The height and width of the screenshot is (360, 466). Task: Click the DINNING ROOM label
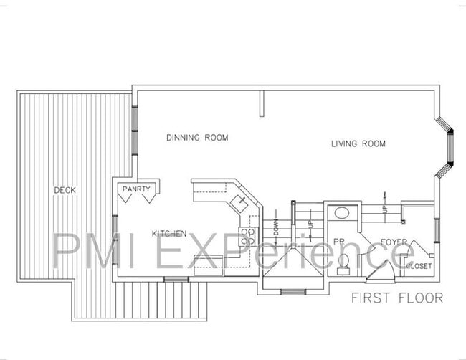197,138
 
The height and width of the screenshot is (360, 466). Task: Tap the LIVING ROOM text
358,144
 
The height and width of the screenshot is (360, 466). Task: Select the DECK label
65,190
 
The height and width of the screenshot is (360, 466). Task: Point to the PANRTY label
136,189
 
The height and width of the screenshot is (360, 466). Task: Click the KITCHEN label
169,234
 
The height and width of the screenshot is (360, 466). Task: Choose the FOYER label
395,242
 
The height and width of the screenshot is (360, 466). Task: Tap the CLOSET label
419,266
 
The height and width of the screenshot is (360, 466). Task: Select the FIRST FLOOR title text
396,297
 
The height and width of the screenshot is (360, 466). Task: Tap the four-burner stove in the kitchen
249,237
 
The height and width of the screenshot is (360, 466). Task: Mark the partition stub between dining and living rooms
263,104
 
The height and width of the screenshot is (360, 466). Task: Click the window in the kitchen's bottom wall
175,279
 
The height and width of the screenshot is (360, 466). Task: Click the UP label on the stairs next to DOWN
310,224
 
